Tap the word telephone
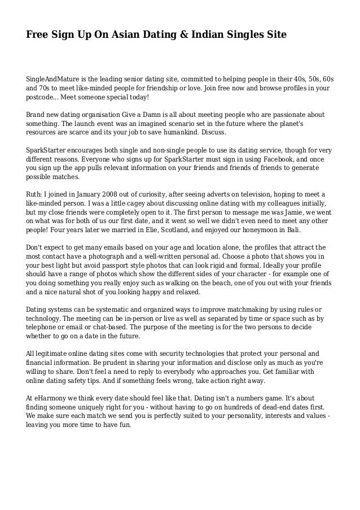[x=42, y=329]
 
